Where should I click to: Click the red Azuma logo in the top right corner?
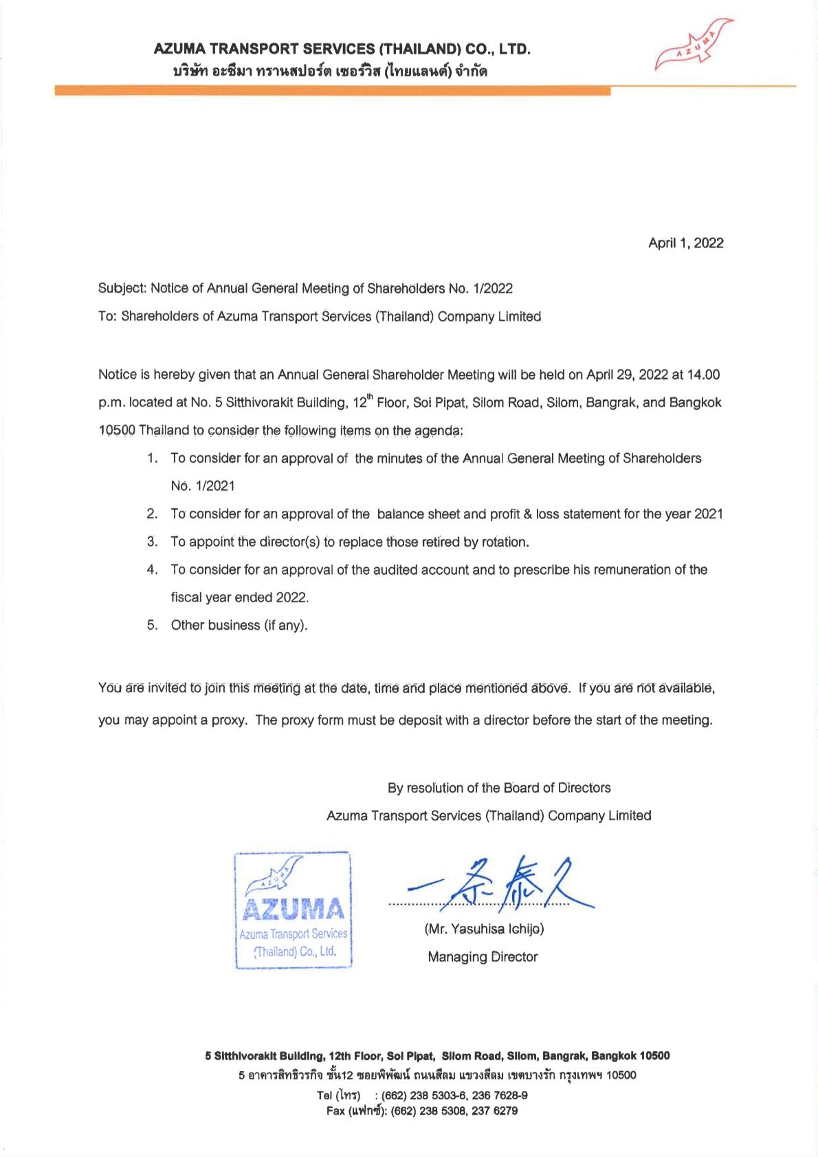(x=694, y=46)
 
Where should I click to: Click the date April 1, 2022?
(x=685, y=243)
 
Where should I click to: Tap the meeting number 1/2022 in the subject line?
(x=491, y=289)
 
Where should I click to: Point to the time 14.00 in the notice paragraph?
(x=703, y=375)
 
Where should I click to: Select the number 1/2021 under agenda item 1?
(x=214, y=486)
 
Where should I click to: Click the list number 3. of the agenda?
(x=153, y=542)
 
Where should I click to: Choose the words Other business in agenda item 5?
(x=215, y=625)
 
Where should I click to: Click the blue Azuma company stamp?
(x=293, y=910)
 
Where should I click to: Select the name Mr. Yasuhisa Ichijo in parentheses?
(x=484, y=929)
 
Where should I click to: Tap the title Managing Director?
(x=483, y=957)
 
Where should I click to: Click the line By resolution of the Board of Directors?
(x=499, y=788)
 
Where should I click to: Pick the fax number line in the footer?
(x=422, y=1110)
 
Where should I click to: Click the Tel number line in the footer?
(x=422, y=1095)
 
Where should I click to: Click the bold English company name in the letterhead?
(x=342, y=49)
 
